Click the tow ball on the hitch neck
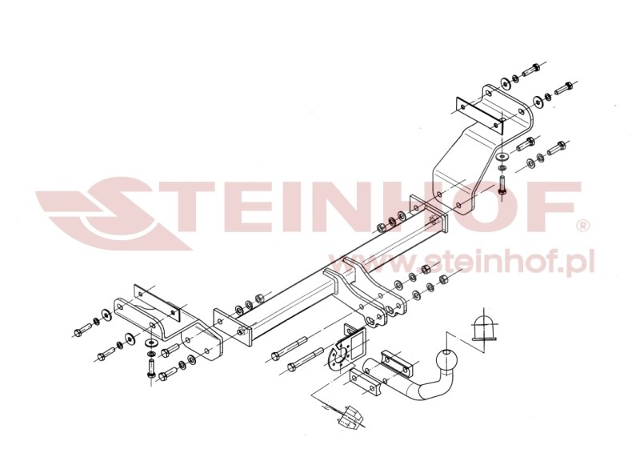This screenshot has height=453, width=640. click(x=446, y=360)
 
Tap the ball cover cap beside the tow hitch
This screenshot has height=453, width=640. click(x=485, y=327)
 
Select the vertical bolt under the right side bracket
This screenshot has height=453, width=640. click(x=502, y=185)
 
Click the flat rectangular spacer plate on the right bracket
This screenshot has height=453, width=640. click(x=479, y=114)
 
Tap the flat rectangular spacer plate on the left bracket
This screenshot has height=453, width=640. click(x=157, y=302)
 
